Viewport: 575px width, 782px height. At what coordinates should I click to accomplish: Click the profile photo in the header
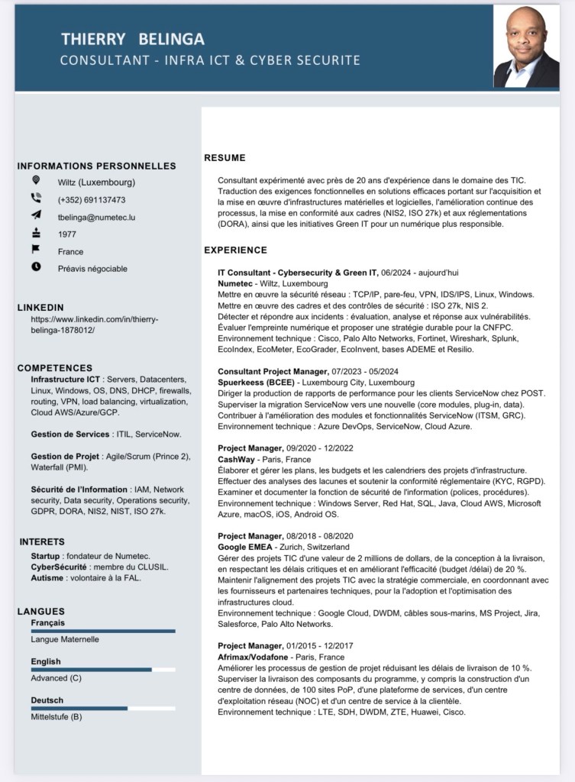[x=526, y=47]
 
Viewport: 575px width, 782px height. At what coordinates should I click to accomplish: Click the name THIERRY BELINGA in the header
[x=133, y=39]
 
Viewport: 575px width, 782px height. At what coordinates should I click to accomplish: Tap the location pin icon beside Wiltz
[x=36, y=181]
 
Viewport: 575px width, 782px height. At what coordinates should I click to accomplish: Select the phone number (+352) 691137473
[x=92, y=200]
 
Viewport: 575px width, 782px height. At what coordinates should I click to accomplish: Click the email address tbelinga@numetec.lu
[x=96, y=217]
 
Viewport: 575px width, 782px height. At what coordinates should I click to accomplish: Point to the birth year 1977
[x=67, y=234]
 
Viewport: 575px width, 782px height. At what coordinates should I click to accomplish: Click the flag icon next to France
[x=36, y=250]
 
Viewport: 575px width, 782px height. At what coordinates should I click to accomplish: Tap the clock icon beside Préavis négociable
[x=36, y=267]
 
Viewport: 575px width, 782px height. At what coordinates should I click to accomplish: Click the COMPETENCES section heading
[x=55, y=367]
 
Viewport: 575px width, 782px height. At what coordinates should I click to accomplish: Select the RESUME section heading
[x=225, y=158]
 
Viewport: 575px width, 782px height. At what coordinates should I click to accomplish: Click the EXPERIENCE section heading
[x=235, y=250]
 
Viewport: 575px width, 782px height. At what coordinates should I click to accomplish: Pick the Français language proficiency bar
[x=103, y=631]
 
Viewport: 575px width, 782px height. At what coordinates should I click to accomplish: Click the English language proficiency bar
[x=103, y=670]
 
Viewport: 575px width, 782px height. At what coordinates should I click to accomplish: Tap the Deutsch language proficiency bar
[x=103, y=708]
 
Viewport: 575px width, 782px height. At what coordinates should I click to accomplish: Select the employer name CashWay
[x=237, y=460]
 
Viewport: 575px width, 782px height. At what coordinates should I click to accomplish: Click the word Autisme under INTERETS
[x=48, y=578]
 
